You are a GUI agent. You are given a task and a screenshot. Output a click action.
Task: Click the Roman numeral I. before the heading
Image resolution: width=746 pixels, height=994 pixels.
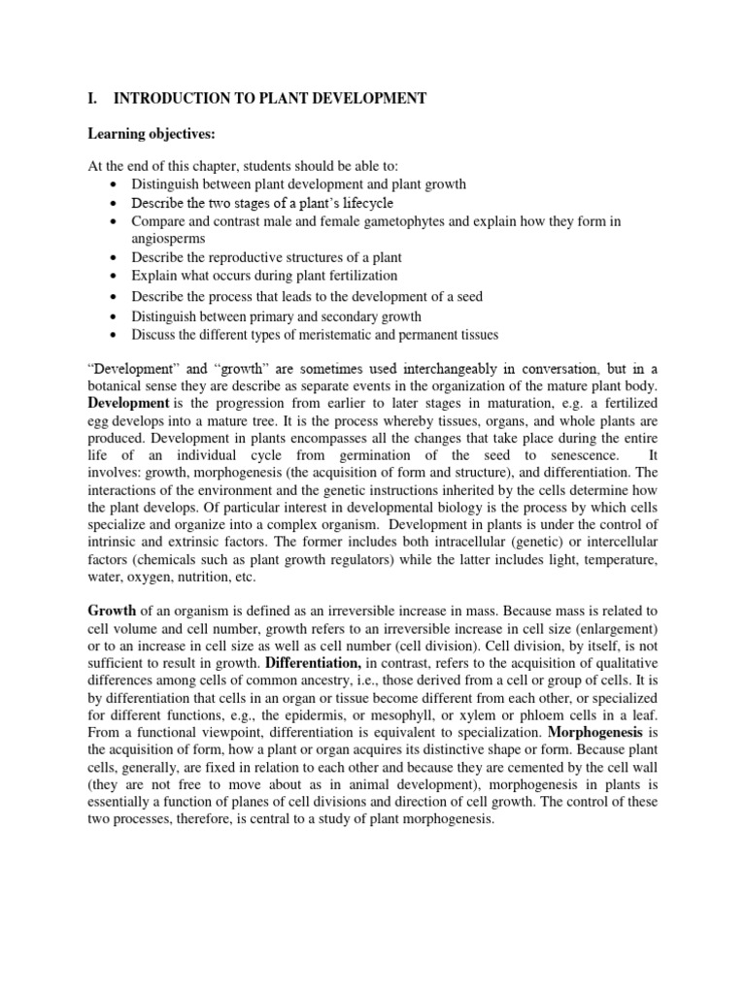tap(93, 98)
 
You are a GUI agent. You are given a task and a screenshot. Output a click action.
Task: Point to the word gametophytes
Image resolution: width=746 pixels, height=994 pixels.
tap(378, 221)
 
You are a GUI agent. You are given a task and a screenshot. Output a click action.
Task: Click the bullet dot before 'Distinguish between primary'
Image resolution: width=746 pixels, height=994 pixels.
tap(117, 316)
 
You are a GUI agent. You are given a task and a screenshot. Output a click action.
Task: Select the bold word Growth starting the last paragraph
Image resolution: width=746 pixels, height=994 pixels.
tap(110, 611)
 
